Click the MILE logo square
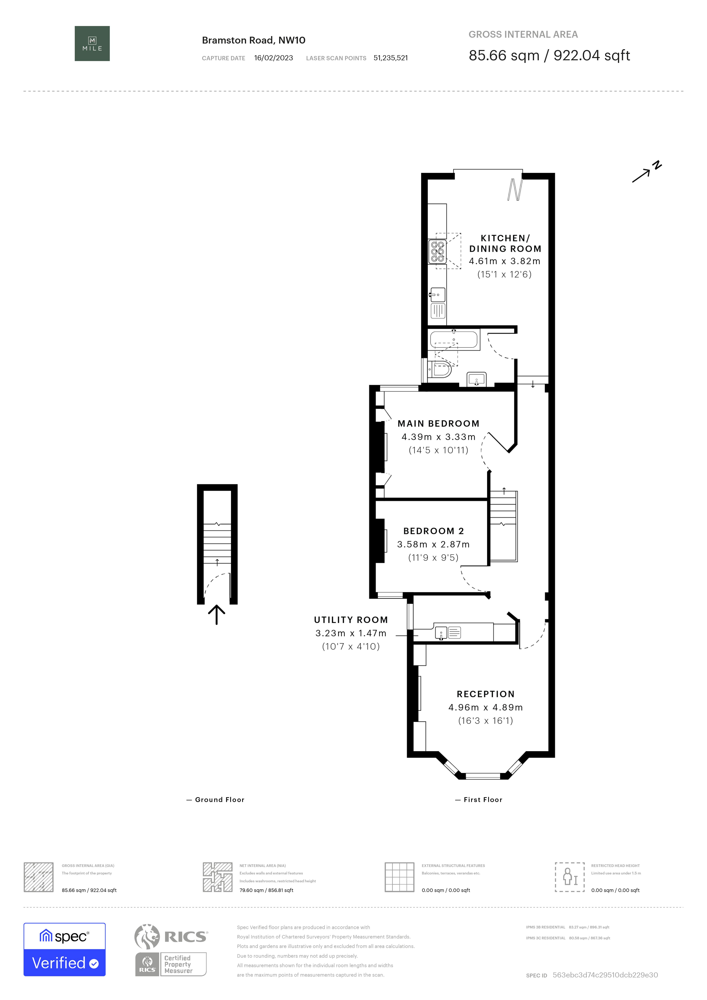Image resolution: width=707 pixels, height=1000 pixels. (x=92, y=44)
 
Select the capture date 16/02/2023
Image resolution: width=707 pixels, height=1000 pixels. (x=273, y=58)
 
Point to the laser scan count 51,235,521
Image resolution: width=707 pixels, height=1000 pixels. (x=391, y=58)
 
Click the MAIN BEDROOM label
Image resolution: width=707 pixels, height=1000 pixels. (x=438, y=423)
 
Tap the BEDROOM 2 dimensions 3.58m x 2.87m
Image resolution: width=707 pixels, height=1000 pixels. (x=433, y=544)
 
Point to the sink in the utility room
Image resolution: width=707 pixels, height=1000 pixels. (x=441, y=633)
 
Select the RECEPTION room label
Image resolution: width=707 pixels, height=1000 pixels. (x=486, y=694)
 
